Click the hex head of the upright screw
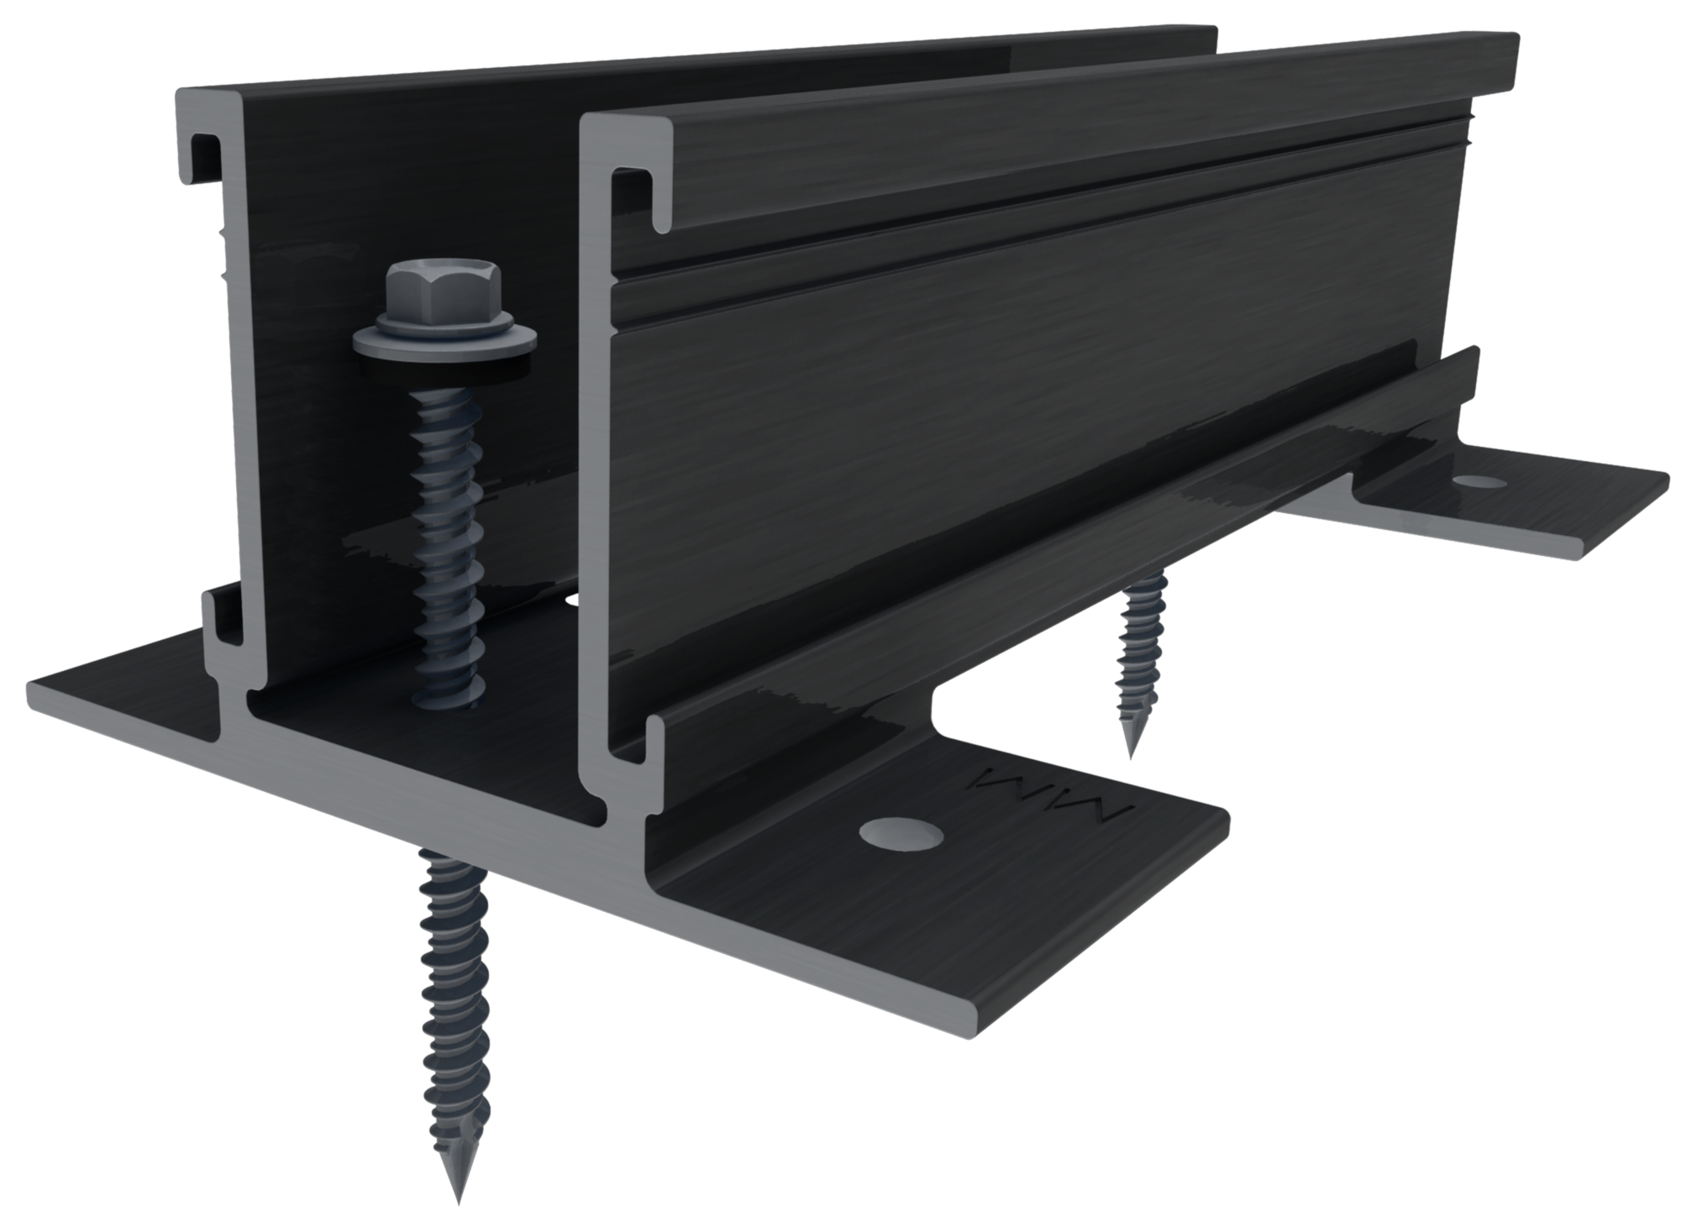pos(443,286)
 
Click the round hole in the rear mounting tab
pos(1480,481)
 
